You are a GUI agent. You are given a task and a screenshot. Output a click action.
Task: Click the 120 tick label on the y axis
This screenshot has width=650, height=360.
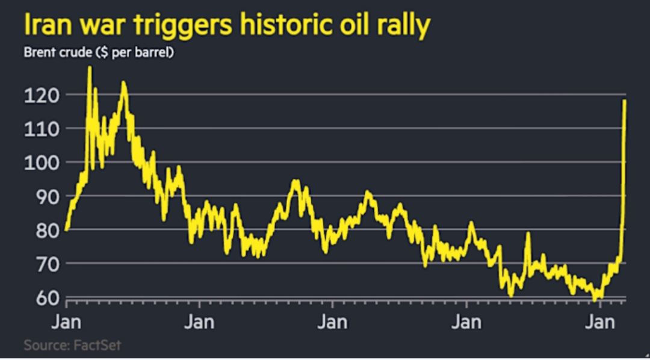(42, 95)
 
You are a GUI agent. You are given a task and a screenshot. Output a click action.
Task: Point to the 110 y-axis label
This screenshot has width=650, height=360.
(42, 129)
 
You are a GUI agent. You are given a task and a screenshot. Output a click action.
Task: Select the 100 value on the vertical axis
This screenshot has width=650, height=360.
(42, 163)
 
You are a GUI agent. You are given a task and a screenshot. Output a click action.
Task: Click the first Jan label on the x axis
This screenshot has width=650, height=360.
(67, 322)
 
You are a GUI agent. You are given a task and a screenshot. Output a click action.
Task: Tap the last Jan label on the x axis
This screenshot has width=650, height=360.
(601, 322)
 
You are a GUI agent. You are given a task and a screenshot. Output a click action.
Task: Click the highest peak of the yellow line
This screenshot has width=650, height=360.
(90, 67)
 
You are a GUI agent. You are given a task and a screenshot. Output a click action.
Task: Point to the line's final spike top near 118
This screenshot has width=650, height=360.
(625, 101)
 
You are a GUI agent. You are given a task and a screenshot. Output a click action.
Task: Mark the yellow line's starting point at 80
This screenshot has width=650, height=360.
(66, 229)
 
